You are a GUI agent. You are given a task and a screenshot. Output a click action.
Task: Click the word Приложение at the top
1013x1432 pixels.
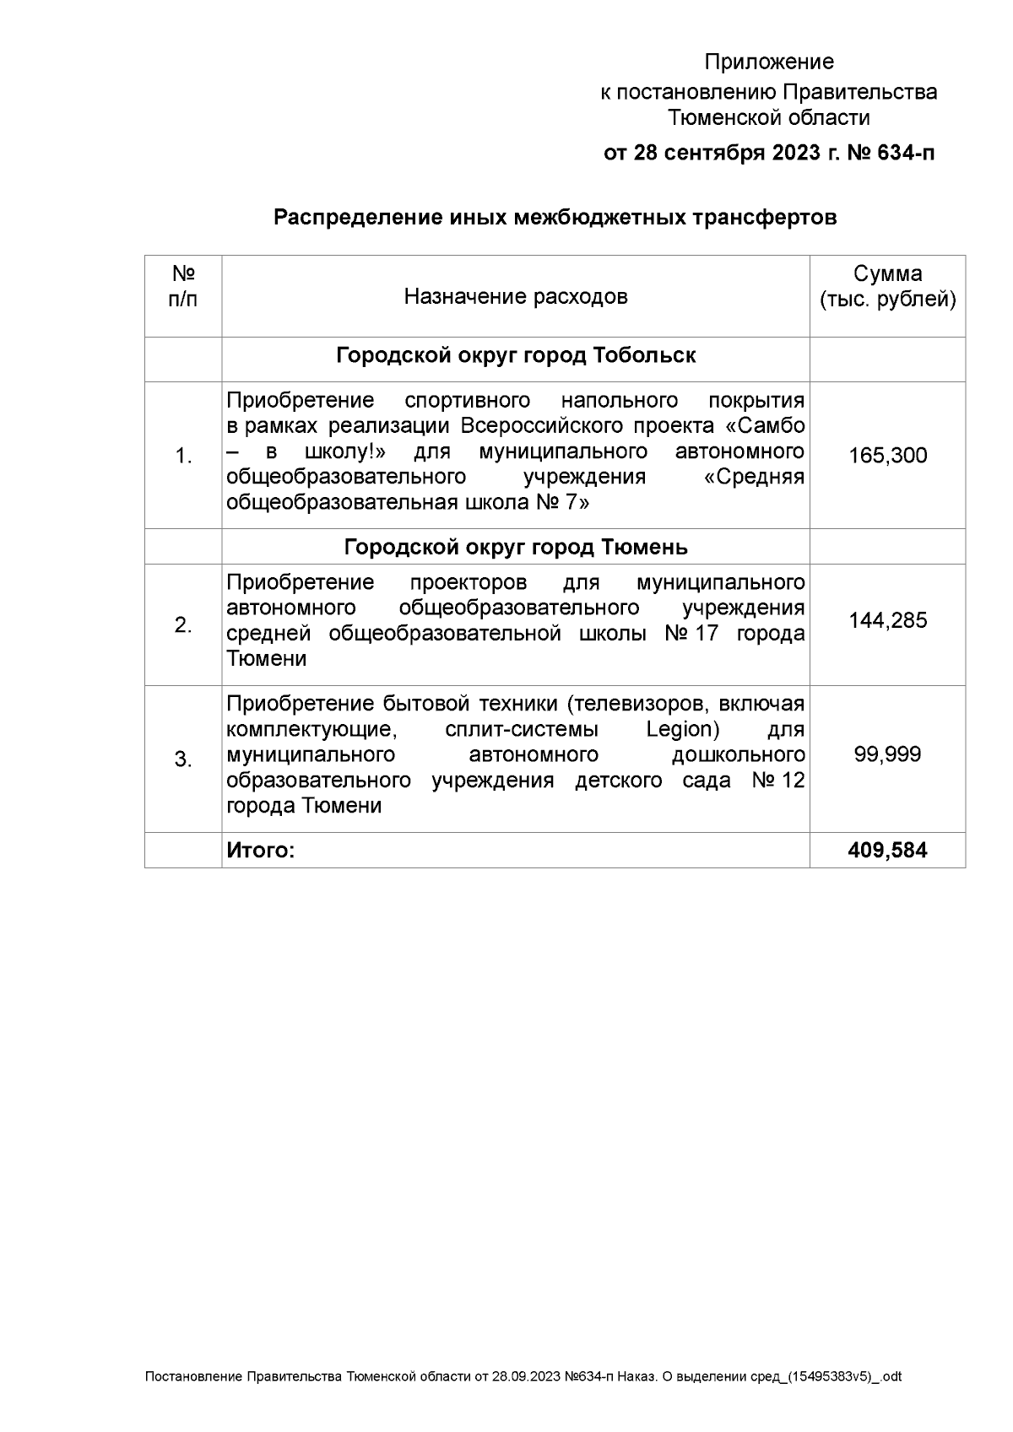pyautogui.click(x=769, y=62)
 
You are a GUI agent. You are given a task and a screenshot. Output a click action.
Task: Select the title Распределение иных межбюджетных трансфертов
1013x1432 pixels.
pyautogui.click(x=555, y=218)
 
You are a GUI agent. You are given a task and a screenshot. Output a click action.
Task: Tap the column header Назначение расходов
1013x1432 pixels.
pyautogui.click(x=515, y=296)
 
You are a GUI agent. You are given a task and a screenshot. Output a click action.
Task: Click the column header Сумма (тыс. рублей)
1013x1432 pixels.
pyautogui.click(x=887, y=287)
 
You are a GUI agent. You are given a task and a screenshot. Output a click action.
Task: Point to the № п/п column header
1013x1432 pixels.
pyautogui.click(x=183, y=287)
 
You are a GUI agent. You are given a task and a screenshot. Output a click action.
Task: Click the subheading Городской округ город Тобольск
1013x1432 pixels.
pyautogui.click(x=515, y=355)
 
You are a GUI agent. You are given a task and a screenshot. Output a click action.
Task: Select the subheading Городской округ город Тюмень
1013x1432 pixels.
pyautogui.click(x=515, y=547)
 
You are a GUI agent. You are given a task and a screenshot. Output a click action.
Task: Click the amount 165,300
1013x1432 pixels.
pyautogui.click(x=887, y=456)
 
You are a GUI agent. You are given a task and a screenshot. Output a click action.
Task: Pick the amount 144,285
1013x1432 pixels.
pyautogui.click(x=887, y=621)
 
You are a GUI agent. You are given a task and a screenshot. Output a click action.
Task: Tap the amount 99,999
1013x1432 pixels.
pyautogui.click(x=887, y=754)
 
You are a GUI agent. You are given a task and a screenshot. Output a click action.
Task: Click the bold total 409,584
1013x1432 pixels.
pyautogui.click(x=887, y=850)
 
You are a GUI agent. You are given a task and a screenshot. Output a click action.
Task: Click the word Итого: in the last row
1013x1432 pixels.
pyautogui.click(x=260, y=850)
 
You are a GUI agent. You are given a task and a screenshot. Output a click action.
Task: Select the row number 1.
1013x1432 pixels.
pyautogui.click(x=183, y=457)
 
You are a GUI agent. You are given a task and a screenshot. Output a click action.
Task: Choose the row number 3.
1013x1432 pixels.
pyautogui.click(x=183, y=759)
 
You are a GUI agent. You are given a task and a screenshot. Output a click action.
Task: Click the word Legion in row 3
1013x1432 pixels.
pyautogui.click(x=682, y=729)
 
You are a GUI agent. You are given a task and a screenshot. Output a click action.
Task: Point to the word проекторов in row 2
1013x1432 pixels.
pyautogui.click(x=468, y=583)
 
